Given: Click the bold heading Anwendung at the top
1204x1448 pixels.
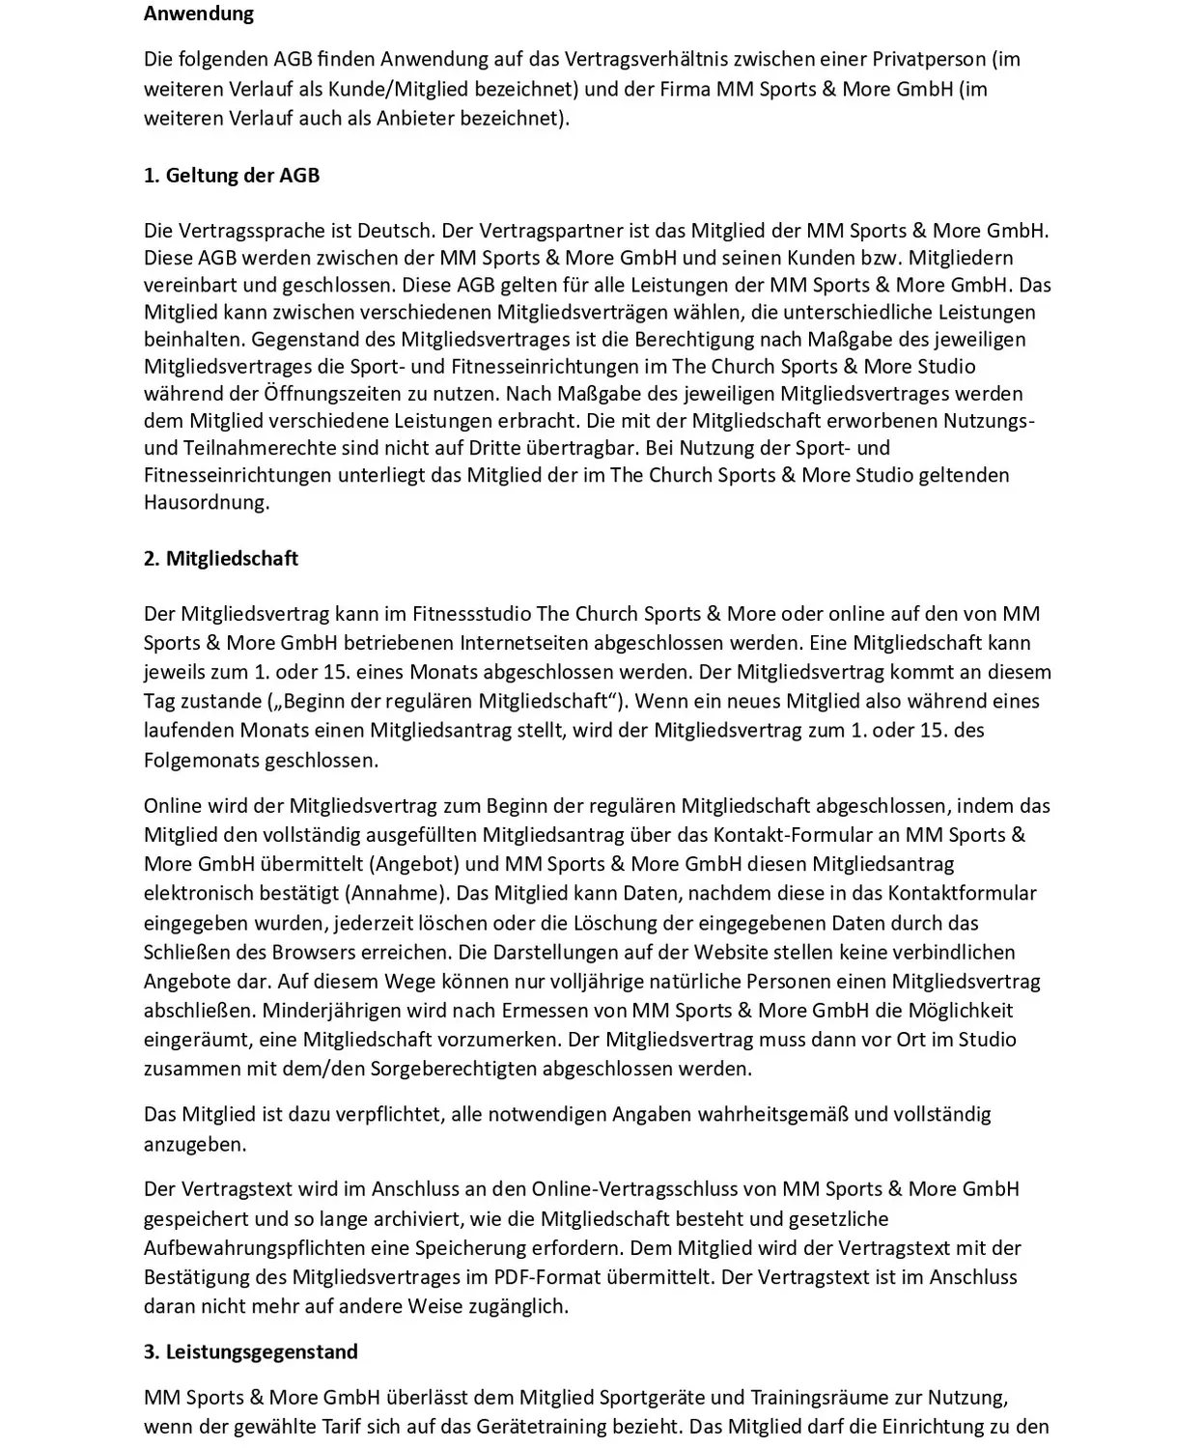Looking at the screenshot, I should (x=199, y=14).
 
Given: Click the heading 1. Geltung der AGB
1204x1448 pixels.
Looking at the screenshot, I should (x=232, y=176).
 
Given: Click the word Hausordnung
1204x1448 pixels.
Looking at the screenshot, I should (x=207, y=502).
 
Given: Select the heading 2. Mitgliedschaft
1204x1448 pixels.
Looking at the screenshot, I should (x=221, y=559).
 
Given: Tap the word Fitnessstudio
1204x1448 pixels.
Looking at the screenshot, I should (x=471, y=614).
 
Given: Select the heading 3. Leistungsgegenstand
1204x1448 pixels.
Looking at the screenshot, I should (x=251, y=1351).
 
